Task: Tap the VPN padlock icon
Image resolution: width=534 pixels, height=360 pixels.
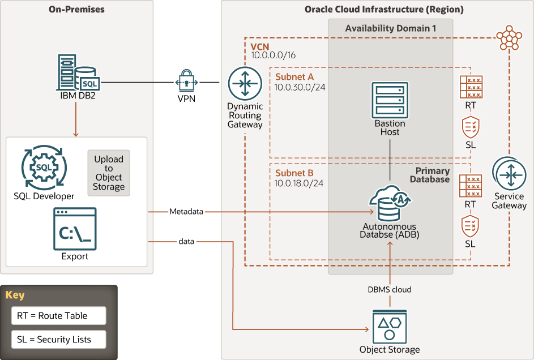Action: [x=187, y=83]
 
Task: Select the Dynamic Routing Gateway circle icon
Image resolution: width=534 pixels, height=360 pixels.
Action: [x=245, y=83]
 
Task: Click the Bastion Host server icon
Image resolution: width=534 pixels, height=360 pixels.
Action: [x=390, y=99]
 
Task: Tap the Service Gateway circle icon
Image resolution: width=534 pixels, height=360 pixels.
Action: [x=509, y=174]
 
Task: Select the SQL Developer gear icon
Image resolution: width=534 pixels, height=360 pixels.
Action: [x=44, y=169]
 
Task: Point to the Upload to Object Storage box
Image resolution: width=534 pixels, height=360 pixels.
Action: [x=109, y=173]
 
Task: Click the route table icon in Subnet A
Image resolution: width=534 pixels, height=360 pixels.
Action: [x=471, y=88]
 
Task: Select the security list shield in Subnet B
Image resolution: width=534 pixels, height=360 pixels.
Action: [x=470, y=226]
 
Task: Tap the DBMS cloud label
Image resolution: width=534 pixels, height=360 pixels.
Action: [x=390, y=289]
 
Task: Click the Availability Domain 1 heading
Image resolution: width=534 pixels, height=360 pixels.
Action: [x=390, y=28]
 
